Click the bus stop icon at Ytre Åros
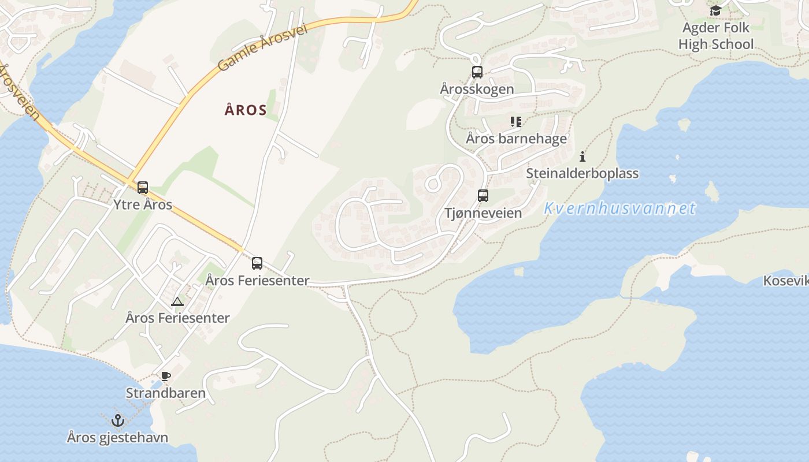click(143, 188)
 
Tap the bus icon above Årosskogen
click(477, 72)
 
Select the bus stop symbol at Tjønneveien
click(483, 196)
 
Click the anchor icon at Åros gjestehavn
click(118, 420)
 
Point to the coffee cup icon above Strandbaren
click(166, 377)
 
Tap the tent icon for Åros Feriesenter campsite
click(177, 301)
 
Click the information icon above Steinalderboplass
click(582, 157)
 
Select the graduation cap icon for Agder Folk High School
click(716, 10)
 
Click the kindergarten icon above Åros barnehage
click(516, 122)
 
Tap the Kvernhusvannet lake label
click(620, 208)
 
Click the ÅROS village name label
click(246, 110)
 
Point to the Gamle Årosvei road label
click(262, 48)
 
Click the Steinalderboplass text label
click(582, 173)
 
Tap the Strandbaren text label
click(166, 393)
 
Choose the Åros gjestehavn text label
click(117, 437)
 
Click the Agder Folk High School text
click(716, 36)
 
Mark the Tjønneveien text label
click(483, 213)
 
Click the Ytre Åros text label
click(143, 204)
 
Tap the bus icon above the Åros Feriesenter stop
click(257, 264)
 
